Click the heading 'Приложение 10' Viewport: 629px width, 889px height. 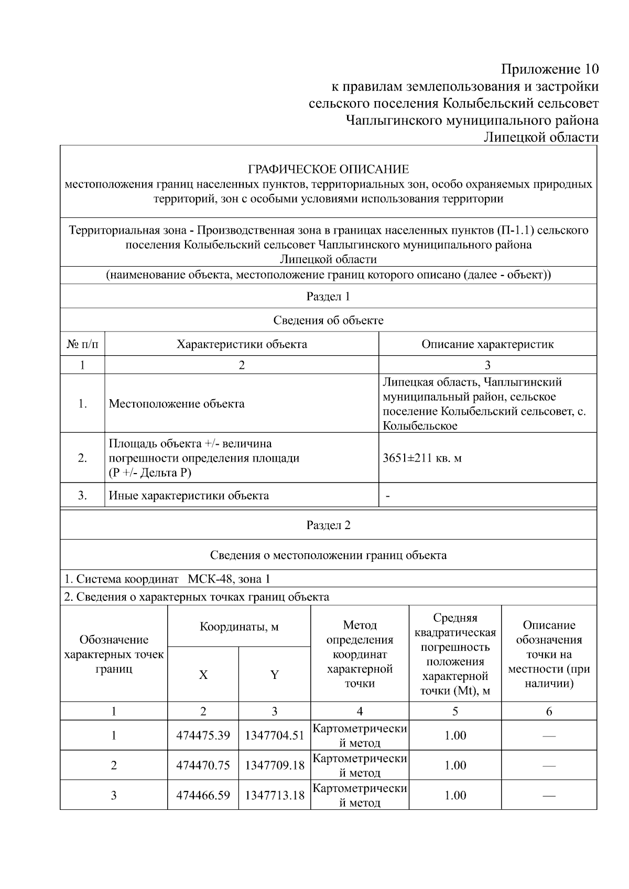click(x=549, y=69)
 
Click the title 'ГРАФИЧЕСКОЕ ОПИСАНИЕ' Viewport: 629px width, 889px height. click(x=328, y=169)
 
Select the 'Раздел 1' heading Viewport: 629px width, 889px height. click(x=328, y=297)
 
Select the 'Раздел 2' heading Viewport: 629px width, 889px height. click(x=328, y=525)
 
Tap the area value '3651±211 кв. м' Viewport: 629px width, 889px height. click(x=422, y=458)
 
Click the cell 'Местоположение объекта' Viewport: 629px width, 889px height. click(x=177, y=404)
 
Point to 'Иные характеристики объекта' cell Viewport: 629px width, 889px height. click(x=189, y=496)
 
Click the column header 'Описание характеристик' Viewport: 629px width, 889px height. click(x=487, y=344)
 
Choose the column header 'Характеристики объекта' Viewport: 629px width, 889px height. click(x=242, y=344)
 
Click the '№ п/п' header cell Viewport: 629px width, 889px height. click(x=82, y=344)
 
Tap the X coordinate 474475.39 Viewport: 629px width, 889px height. click(x=203, y=736)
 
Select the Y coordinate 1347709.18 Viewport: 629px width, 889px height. click(x=275, y=765)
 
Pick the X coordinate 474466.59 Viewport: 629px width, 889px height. click(x=203, y=795)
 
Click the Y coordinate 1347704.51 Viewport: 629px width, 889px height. click(x=275, y=736)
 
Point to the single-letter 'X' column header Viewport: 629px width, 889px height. click(x=203, y=675)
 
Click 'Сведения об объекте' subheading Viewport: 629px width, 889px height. click(x=328, y=320)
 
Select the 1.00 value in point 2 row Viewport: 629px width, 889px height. click(x=455, y=765)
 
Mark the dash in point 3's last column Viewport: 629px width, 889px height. click(x=549, y=796)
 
